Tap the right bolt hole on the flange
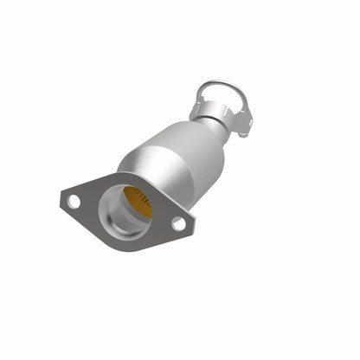tap(178, 223)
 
